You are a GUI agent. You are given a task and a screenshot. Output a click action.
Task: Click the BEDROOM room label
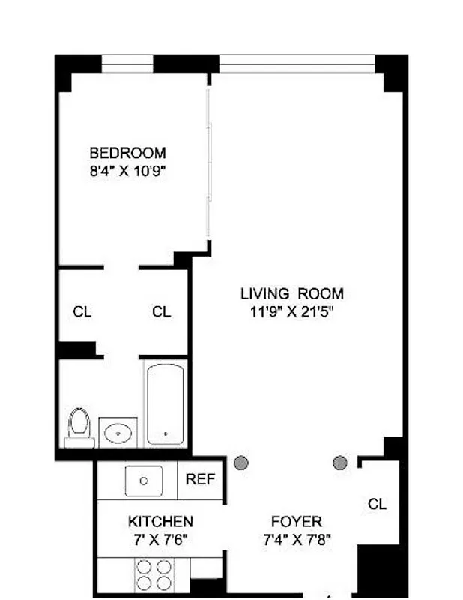(127, 153)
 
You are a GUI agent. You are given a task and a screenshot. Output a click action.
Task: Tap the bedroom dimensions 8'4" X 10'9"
(127, 170)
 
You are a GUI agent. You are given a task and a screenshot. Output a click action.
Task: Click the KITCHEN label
(160, 522)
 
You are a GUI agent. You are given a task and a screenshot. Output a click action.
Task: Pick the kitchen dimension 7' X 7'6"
(160, 539)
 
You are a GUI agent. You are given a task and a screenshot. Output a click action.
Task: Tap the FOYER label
(297, 522)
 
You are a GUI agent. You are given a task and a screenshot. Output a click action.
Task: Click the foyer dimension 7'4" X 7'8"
(297, 539)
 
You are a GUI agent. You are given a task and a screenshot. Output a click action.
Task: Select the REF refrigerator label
(200, 479)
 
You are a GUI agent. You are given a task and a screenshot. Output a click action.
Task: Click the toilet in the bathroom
(78, 424)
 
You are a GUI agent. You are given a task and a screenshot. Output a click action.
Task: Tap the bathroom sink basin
(118, 433)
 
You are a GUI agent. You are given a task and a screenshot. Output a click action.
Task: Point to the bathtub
(166, 404)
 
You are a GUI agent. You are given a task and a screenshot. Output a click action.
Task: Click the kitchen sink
(143, 481)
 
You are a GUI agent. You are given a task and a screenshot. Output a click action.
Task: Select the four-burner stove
(154, 575)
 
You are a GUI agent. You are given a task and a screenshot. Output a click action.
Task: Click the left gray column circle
(240, 463)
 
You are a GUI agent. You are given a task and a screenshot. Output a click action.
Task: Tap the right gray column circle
(340, 463)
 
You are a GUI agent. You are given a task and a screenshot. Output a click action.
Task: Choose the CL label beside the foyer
(378, 505)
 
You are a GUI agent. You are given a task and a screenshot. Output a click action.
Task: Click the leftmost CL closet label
(82, 312)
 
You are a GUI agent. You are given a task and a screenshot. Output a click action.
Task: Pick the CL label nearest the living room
(161, 312)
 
